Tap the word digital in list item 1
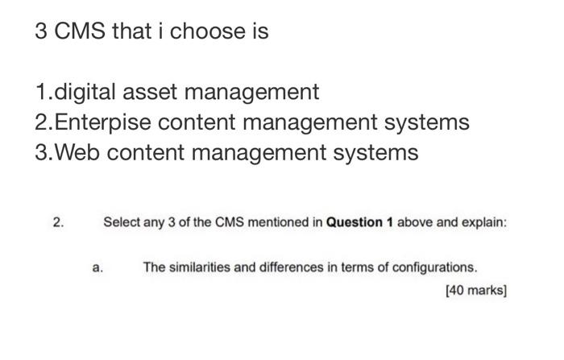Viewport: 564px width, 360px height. [89, 93]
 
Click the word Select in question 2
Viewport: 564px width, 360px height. [120, 221]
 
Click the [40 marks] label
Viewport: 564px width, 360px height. [475, 290]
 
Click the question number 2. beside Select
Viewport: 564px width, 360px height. [57, 221]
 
